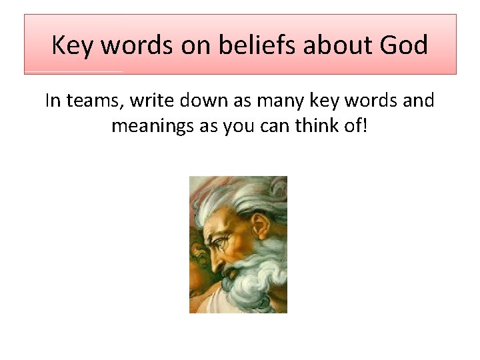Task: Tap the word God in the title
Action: [x=404, y=45]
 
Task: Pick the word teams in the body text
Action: [x=94, y=101]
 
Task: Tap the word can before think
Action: [x=276, y=125]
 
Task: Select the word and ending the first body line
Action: [x=418, y=101]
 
